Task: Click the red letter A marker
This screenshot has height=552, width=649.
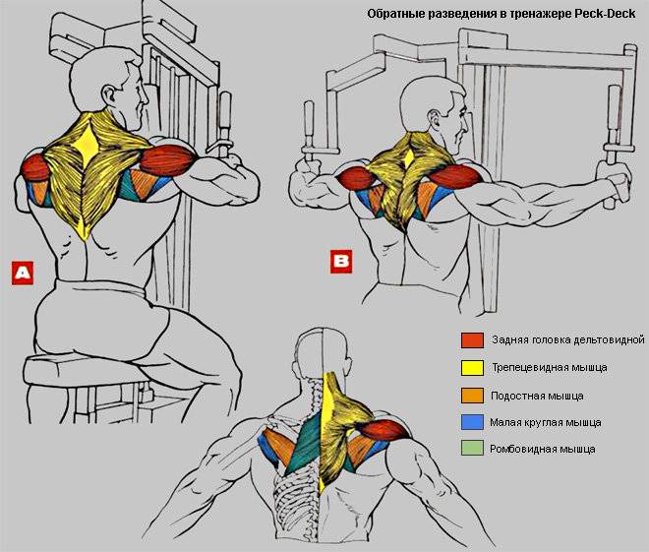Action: (x=23, y=273)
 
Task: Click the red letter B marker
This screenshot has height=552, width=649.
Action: (x=341, y=262)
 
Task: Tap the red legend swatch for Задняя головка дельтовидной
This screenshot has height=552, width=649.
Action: (x=472, y=340)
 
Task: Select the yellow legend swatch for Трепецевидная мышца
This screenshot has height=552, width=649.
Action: (x=472, y=368)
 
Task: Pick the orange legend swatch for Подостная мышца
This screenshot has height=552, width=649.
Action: (x=472, y=396)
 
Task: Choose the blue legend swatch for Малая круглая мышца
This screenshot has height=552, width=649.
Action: (x=472, y=422)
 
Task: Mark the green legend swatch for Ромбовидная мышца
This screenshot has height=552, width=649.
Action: (x=472, y=448)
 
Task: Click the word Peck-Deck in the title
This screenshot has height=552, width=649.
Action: (x=605, y=14)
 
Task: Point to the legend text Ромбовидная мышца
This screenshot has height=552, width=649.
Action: (x=543, y=449)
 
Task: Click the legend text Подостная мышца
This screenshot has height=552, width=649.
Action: (x=537, y=396)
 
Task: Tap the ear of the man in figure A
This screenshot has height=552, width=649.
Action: (x=110, y=95)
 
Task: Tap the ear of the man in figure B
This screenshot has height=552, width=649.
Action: (x=434, y=120)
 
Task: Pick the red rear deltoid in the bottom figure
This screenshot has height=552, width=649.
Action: (x=384, y=430)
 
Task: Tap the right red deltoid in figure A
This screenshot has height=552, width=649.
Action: (x=167, y=160)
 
